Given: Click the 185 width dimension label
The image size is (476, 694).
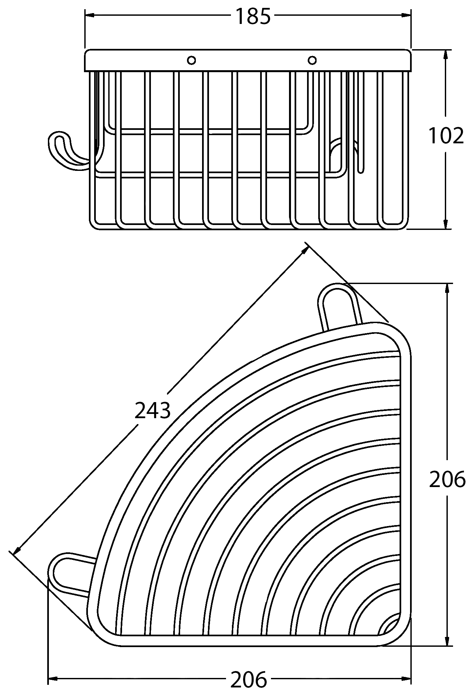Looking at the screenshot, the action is tap(253, 16).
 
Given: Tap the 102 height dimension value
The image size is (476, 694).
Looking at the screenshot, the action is tap(446, 135).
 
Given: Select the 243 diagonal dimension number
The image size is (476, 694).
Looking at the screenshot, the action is tap(153, 410).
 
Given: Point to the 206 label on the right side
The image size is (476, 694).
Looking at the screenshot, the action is tap(447, 480).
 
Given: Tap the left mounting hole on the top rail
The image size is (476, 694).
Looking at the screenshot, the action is tap(191, 60).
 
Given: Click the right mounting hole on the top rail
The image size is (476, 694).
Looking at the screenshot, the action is tap(312, 60).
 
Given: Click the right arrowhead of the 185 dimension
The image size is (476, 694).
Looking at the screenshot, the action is tap(406, 15).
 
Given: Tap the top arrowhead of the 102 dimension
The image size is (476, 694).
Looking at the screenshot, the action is tap(446, 55).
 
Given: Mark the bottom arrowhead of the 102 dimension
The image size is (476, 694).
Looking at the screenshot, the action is tap(446, 224).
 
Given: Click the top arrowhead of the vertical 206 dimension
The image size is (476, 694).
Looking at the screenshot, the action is tap(447, 289).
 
